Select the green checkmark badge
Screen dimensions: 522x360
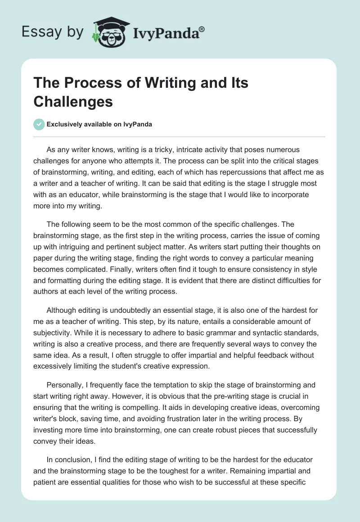(x=39, y=124)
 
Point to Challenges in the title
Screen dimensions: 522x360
(x=73, y=102)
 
